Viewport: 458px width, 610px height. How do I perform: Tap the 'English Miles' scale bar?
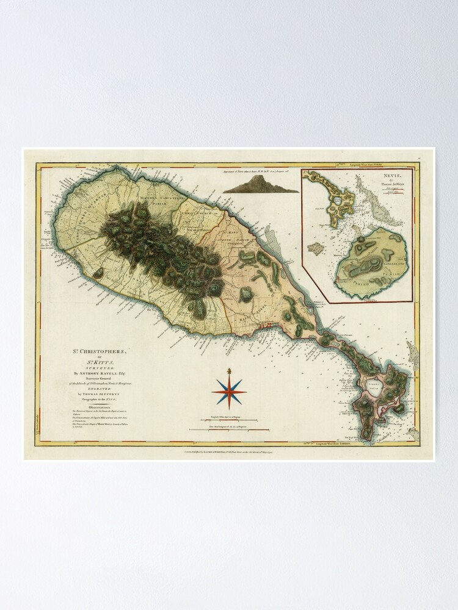[x=228, y=420]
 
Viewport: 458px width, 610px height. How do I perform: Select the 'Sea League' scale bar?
[x=228, y=430]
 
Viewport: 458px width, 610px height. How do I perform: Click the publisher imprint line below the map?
[x=228, y=451]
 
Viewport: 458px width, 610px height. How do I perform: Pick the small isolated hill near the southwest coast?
[x=98, y=274]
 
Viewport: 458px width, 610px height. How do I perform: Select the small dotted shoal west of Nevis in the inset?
[x=315, y=249]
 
